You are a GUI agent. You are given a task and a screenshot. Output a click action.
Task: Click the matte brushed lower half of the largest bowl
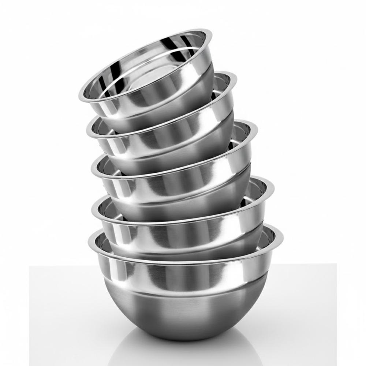tap(183, 315)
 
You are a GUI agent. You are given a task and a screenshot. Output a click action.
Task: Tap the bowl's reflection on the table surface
tap(183, 353)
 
